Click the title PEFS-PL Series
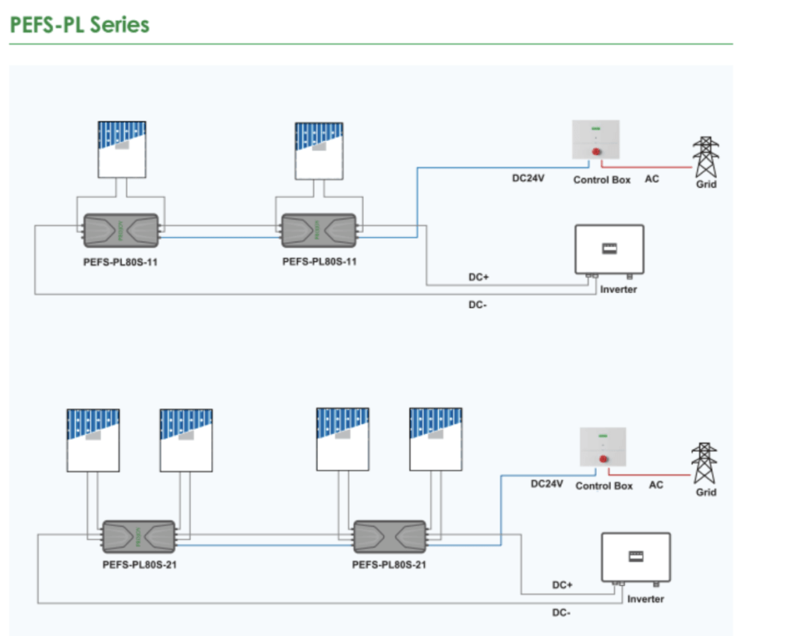(79, 24)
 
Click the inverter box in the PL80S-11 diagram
(609, 249)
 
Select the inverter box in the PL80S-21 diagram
(636, 556)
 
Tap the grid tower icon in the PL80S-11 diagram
(706, 157)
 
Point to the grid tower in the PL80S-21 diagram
(704, 464)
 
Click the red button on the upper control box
(596, 152)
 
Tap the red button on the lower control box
(603, 459)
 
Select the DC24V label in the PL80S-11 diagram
(528, 179)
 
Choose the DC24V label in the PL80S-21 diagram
(546, 484)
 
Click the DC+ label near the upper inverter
(478, 277)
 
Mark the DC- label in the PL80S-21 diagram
(561, 613)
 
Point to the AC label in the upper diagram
(651, 179)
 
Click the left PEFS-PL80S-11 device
(121, 231)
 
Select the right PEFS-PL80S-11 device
(319, 231)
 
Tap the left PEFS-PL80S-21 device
(138, 537)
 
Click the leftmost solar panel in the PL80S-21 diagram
(93, 440)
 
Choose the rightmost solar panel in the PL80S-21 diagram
(436, 440)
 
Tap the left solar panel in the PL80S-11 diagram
(122, 149)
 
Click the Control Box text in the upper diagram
(602, 180)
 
